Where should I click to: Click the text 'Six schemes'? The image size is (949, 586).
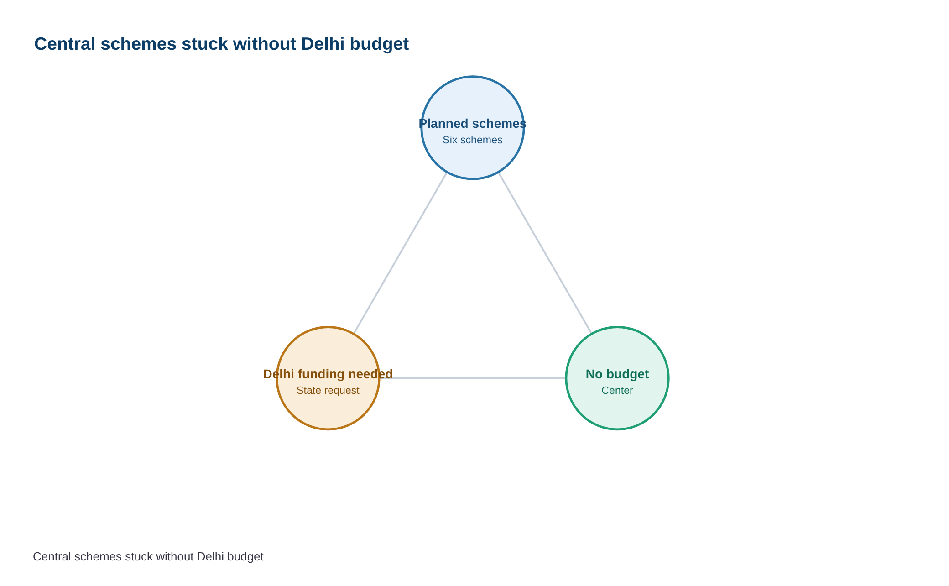point(473,140)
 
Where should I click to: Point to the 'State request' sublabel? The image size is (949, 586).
point(328,390)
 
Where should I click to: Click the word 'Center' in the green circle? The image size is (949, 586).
point(617,390)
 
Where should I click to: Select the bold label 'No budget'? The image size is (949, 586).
point(617,374)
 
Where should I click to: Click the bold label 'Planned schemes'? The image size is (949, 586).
point(473,124)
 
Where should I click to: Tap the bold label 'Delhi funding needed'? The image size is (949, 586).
point(328,374)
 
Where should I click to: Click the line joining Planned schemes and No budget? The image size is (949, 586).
point(545,253)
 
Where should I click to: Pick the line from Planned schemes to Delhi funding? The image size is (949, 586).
point(400,253)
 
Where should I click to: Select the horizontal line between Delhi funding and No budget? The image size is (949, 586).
point(473,378)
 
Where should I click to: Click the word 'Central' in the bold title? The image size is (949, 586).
point(65,44)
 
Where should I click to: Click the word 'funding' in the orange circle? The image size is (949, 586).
point(323,374)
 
